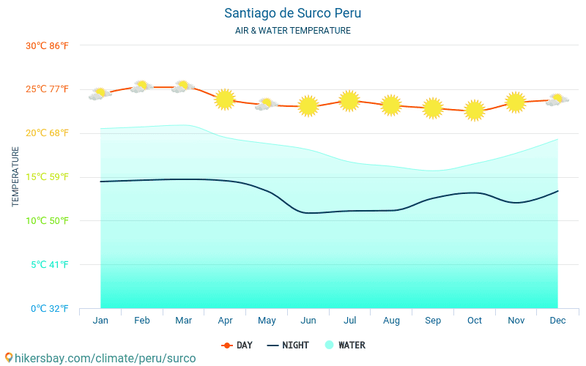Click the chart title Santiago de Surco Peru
point(293,13)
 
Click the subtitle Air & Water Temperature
point(293,31)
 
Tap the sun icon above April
point(225,99)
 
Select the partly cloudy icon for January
point(100,94)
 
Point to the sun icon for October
point(475,111)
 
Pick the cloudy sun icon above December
point(557,100)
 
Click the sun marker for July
point(349,100)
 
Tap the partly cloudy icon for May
point(266,104)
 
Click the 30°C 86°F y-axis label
point(47,45)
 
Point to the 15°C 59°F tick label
point(47,176)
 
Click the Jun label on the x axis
point(308,321)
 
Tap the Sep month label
point(433,321)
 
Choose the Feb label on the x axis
point(142,321)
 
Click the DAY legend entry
point(237,345)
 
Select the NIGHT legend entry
point(288,345)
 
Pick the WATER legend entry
point(345,345)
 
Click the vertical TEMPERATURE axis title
point(15,176)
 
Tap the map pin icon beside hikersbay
point(9,358)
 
